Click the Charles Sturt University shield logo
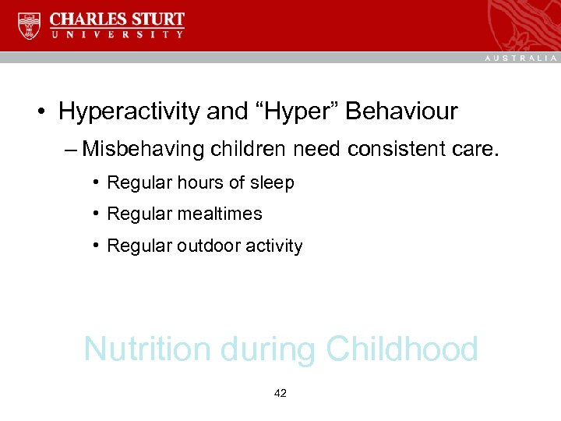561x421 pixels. point(30,26)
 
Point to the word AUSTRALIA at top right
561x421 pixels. point(521,58)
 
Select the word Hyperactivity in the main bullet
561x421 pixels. point(129,111)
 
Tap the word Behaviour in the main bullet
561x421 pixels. point(401,111)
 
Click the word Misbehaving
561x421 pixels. point(143,147)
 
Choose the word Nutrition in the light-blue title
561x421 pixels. point(147,348)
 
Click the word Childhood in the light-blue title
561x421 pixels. point(402,348)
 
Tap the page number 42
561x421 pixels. point(280,394)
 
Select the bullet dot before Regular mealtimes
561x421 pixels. point(94,214)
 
